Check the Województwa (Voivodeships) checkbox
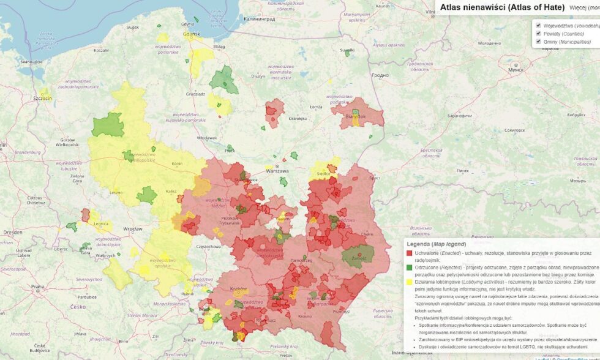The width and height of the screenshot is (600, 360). click(538, 26)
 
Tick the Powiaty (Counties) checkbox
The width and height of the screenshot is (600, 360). click(538, 34)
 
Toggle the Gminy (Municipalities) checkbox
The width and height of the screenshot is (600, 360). click(538, 42)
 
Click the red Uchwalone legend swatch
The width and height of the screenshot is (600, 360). click(409, 253)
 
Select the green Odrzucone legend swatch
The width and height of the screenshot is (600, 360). click(409, 268)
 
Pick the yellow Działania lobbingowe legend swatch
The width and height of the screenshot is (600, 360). click(409, 282)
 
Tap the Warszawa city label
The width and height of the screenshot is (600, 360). click(277, 171)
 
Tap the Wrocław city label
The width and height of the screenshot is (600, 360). click(132, 229)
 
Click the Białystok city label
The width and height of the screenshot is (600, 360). click(355, 116)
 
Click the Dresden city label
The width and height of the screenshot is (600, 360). click(12, 233)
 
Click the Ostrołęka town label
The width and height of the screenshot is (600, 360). click(297, 119)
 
